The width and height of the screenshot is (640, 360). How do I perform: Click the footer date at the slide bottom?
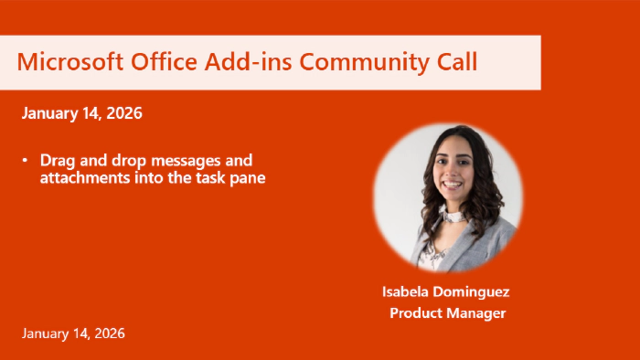[x=73, y=334]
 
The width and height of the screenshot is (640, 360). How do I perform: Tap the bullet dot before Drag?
[x=26, y=160]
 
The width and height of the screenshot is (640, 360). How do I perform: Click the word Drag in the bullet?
[x=56, y=160]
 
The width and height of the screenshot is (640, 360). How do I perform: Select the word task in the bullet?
[x=194, y=178]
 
